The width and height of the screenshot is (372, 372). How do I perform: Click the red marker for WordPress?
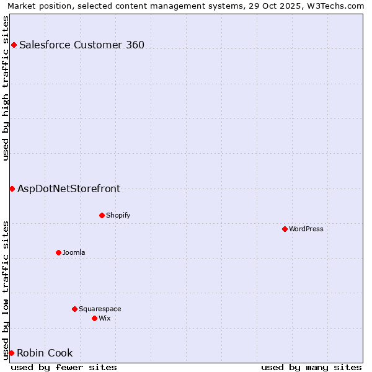[x=285, y=229]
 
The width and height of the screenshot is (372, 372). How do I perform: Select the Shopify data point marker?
[x=102, y=215]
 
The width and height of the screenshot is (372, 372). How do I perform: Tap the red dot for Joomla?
[x=58, y=252]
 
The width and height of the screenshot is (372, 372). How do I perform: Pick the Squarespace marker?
[x=74, y=309]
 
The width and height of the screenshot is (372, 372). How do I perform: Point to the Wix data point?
[x=94, y=318]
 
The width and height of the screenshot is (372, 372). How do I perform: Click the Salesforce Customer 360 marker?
[x=14, y=45]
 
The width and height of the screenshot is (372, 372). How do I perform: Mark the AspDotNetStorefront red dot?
[x=12, y=188]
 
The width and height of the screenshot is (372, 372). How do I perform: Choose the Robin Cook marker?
[x=11, y=353]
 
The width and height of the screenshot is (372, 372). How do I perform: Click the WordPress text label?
[x=306, y=229]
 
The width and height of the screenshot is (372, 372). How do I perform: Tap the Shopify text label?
[x=118, y=215]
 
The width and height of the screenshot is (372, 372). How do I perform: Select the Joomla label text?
[x=74, y=252]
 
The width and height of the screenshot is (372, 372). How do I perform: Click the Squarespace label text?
[x=100, y=309]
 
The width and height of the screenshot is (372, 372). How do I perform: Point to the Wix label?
[x=105, y=318]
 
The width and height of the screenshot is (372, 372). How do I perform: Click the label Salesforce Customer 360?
[x=82, y=45]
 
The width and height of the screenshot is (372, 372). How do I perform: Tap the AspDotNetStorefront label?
[x=69, y=188]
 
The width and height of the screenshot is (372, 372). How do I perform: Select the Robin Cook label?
[x=45, y=353]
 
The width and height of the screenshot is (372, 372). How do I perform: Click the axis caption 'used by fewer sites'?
[x=64, y=367]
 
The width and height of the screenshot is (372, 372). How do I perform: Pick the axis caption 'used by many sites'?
[x=311, y=367]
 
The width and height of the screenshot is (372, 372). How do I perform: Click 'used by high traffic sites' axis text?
[x=6, y=88]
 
